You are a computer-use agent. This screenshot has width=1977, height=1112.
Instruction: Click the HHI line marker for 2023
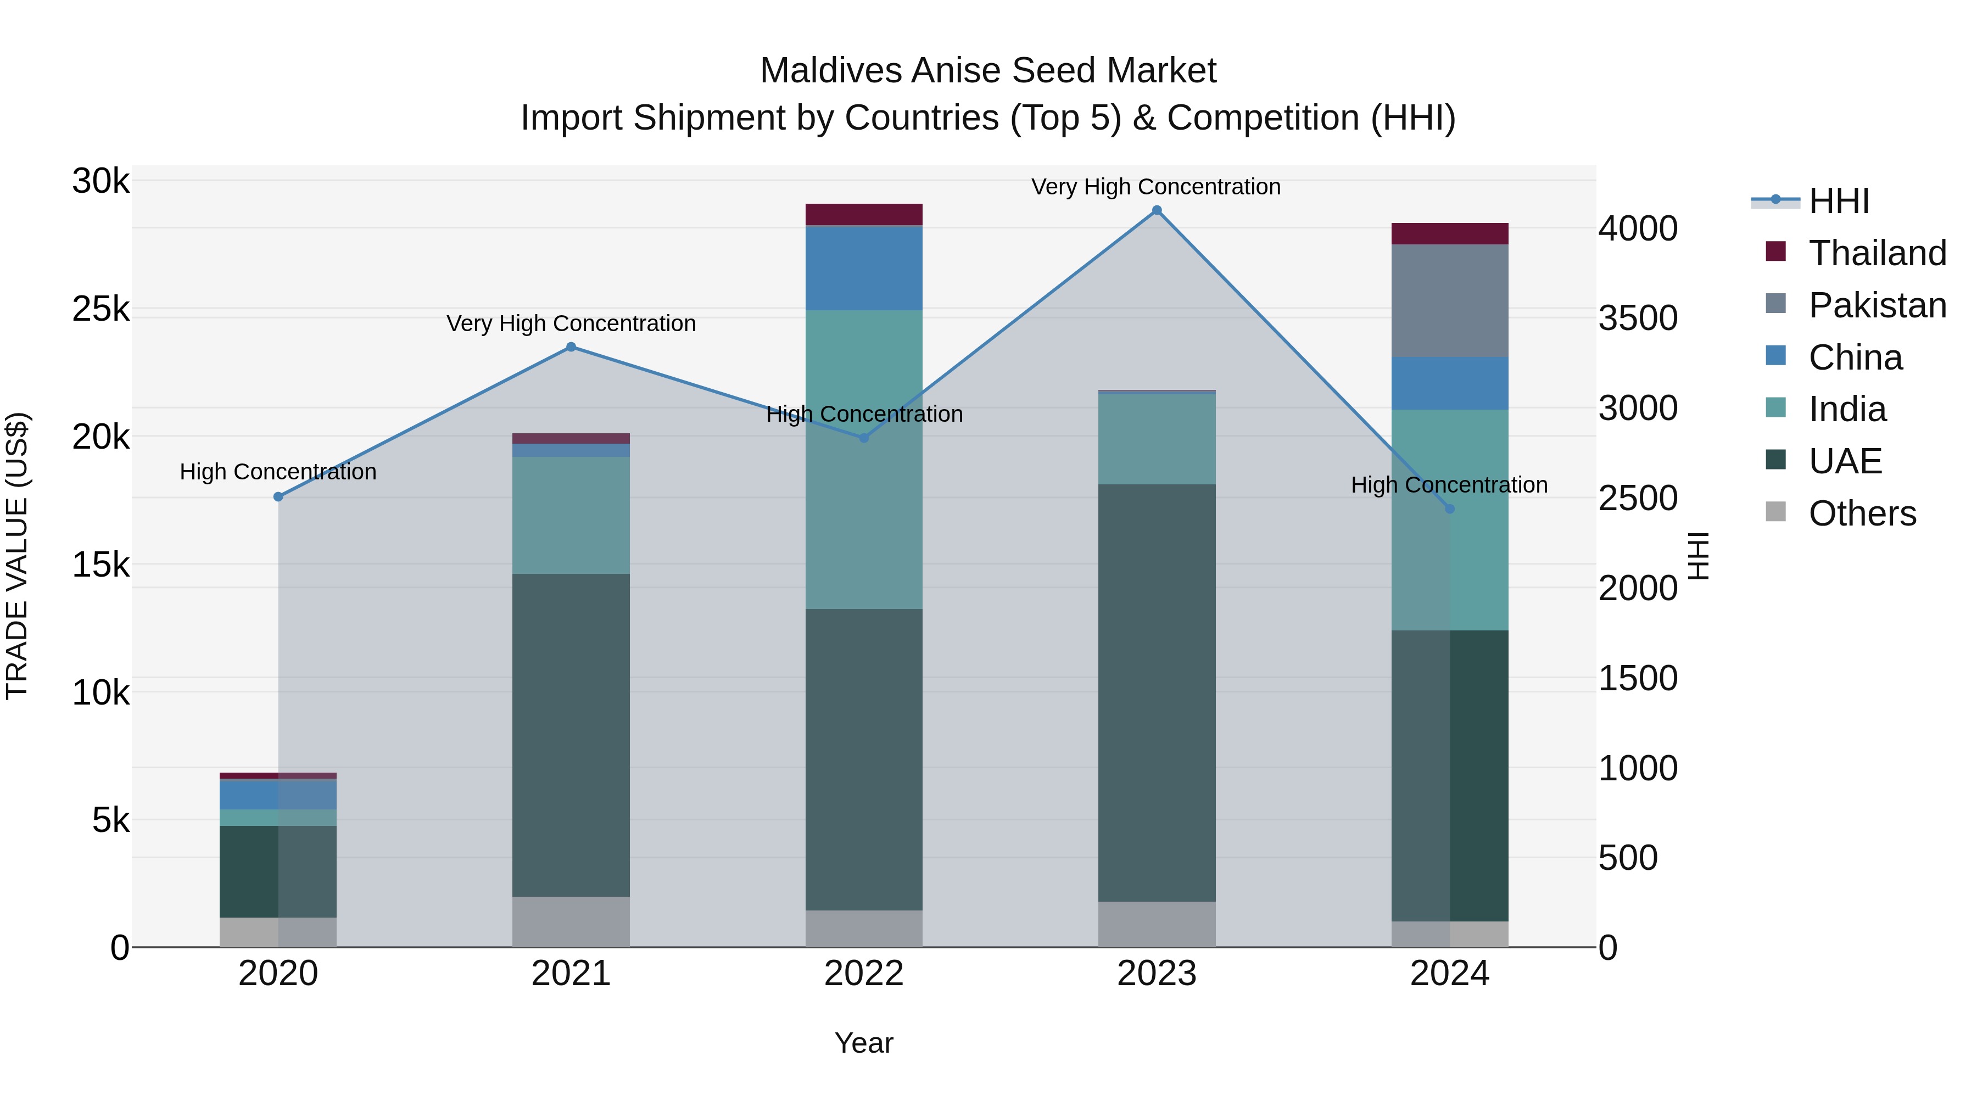tap(1157, 210)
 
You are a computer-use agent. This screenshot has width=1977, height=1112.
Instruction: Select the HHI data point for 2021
tap(571, 347)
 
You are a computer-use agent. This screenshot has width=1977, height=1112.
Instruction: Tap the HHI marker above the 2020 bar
tap(278, 496)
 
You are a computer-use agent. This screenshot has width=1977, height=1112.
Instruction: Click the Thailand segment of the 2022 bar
tap(863, 214)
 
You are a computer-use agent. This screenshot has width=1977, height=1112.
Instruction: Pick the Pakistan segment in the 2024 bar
tap(1449, 301)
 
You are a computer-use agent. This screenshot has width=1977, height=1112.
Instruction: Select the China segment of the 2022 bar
tap(863, 268)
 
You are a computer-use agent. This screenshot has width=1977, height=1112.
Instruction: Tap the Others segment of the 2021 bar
tap(571, 921)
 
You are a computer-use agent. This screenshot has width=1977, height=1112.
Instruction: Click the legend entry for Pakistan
tap(1877, 305)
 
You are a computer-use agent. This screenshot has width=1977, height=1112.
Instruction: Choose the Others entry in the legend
tap(1861, 513)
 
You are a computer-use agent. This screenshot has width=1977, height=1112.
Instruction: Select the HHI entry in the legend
tap(1838, 201)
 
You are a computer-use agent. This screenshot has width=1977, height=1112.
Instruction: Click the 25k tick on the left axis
tap(100, 309)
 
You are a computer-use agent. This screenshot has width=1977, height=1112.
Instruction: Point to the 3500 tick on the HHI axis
tap(1638, 318)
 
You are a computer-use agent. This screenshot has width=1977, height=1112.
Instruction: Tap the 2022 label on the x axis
tap(863, 974)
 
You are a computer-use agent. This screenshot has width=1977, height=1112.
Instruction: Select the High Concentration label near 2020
tap(278, 471)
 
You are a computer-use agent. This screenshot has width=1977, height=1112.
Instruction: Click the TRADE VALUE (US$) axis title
tap(17, 556)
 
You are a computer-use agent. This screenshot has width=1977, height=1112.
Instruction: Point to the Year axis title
tap(863, 1043)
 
